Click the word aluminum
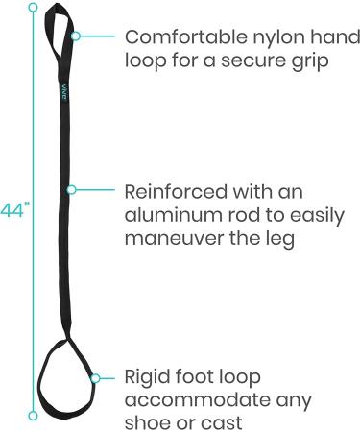[171, 212]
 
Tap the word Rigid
[149, 375]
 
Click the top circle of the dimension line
[33, 7]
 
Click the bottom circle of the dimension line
[33, 415]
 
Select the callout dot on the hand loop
[74, 36]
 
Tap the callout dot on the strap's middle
[70, 188]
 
